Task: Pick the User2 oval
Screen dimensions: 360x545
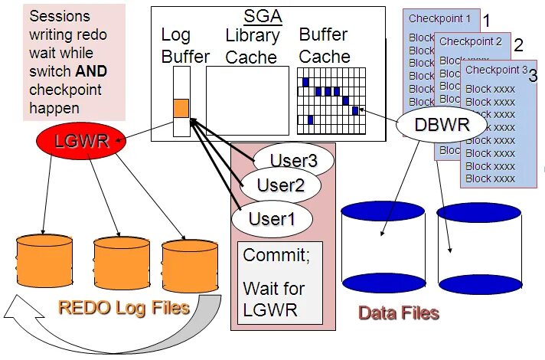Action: tap(280, 185)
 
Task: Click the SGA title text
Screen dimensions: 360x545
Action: tap(263, 16)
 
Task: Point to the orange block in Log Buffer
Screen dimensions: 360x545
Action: tap(181, 109)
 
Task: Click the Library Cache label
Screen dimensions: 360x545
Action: tap(253, 45)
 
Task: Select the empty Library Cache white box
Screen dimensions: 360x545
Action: tap(247, 100)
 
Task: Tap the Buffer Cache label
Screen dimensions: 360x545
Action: tap(325, 45)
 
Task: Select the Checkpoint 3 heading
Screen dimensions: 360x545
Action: tap(497, 70)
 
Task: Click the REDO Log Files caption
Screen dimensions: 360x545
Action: tap(123, 308)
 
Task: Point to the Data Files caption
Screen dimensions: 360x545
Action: tap(399, 313)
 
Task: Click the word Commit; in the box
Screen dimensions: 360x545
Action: tap(276, 256)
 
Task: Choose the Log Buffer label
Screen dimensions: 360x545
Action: tap(184, 45)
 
